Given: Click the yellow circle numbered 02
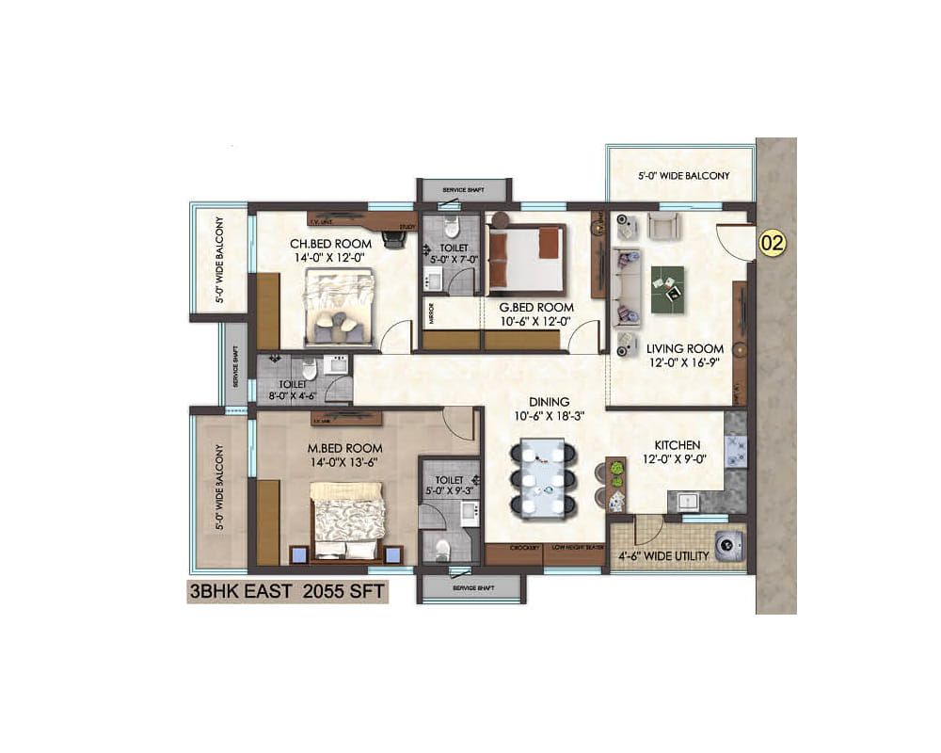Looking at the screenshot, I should tap(772, 243).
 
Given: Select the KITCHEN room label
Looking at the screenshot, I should tap(678, 444).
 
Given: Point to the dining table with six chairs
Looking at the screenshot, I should tap(540, 478).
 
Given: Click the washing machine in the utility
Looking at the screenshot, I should tap(728, 546).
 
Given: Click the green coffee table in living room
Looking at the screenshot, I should tap(668, 283).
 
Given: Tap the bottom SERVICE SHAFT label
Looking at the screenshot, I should tap(470, 588).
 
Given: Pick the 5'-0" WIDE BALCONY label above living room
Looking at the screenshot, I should tap(683, 175).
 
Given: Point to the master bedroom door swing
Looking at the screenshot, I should tap(459, 424).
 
